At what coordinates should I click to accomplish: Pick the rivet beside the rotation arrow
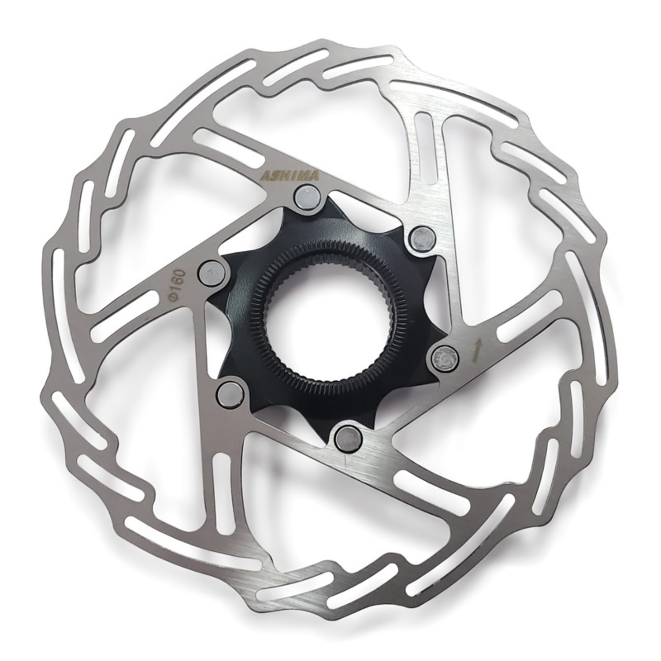click(x=443, y=356)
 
